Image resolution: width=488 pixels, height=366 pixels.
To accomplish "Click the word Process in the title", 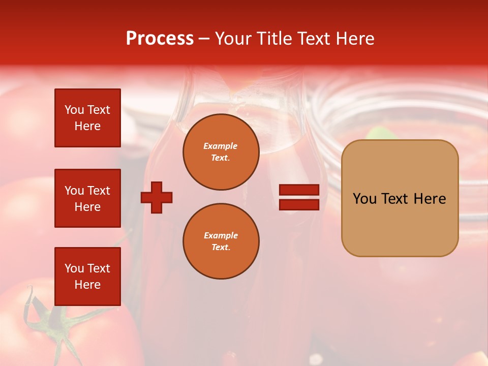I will (x=160, y=39).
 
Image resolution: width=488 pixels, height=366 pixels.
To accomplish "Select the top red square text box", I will (x=87, y=118).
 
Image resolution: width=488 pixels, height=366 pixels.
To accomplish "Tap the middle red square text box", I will (x=87, y=198).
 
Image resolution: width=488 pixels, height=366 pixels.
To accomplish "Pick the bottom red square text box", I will (x=87, y=276).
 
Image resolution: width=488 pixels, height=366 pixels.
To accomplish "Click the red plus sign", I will (x=157, y=197).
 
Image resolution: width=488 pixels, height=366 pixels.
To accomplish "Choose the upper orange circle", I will (x=221, y=152).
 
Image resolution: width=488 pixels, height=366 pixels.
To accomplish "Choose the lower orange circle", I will (x=221, y=241).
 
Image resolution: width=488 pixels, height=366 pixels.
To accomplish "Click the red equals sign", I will (x=299, y=197).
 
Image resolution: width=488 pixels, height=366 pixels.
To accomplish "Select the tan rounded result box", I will (x=400, y=198).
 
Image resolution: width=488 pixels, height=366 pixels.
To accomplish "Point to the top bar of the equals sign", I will (x=299, y=190).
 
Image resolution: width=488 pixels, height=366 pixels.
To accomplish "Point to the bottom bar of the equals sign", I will (x=299, y=204).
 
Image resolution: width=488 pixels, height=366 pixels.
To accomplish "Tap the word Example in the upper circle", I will (x=221, y=146).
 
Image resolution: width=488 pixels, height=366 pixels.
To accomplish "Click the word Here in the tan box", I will (x=430, y=199).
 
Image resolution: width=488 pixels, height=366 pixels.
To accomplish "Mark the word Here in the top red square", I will (x=87, y=126).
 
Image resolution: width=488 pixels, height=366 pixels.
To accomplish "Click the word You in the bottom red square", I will (x=74, y=268).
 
